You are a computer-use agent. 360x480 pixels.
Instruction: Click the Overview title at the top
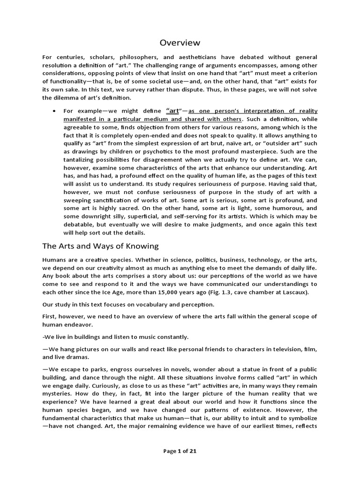(x=180, y=43)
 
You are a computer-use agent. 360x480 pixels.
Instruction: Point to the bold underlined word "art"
(x=173, y=111)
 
